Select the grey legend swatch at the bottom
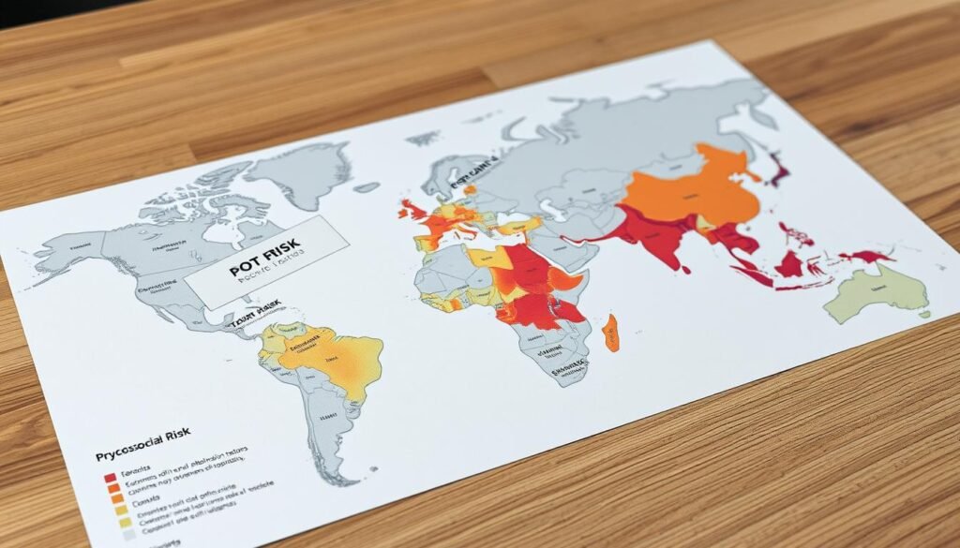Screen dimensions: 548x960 (127, 537)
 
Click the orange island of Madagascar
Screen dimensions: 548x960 (611, 333)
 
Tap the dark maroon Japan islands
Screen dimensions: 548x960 (776, 170)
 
